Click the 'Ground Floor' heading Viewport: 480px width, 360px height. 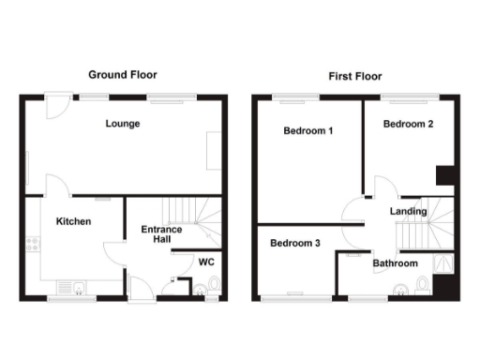point(123,74)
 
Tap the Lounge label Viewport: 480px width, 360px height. point(123,124)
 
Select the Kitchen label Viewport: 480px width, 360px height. point(73,222)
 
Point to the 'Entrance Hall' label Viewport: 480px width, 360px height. point(161,234)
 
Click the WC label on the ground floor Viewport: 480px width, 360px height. point(206,262)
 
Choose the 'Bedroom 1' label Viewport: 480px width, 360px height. point(308,131)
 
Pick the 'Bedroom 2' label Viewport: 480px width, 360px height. point(408,124)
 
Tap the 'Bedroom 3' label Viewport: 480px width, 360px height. point(295,244)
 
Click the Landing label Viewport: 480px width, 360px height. point(409,212)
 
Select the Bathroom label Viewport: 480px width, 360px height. point(395,263)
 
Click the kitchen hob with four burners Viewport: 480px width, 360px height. point(35,246)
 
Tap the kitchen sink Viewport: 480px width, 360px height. point(69,287)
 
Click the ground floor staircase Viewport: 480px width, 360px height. point(197,220)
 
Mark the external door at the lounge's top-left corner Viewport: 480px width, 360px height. point(58,103)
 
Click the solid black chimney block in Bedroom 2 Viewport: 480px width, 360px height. point(446,175)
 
